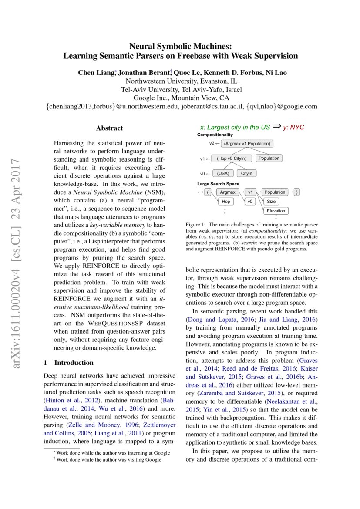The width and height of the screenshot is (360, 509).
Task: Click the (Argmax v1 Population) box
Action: [247, 144]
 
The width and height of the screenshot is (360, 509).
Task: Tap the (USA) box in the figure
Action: [223, 173]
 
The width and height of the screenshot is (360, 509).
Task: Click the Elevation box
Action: [276, 211]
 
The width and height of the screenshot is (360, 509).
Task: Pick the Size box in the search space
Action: [271, 202]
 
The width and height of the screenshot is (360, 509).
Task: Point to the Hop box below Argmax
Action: [225, 202]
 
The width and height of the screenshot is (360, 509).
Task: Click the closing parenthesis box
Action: [296, 192]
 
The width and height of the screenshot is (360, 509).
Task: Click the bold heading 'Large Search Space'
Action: [218, 184]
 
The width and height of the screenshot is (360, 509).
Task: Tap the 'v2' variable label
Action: [212, 143]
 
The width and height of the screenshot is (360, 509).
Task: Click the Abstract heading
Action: [109, 128]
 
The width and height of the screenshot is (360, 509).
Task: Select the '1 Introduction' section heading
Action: [69, 363]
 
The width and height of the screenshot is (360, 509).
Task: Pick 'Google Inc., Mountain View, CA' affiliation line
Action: [181, 98]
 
